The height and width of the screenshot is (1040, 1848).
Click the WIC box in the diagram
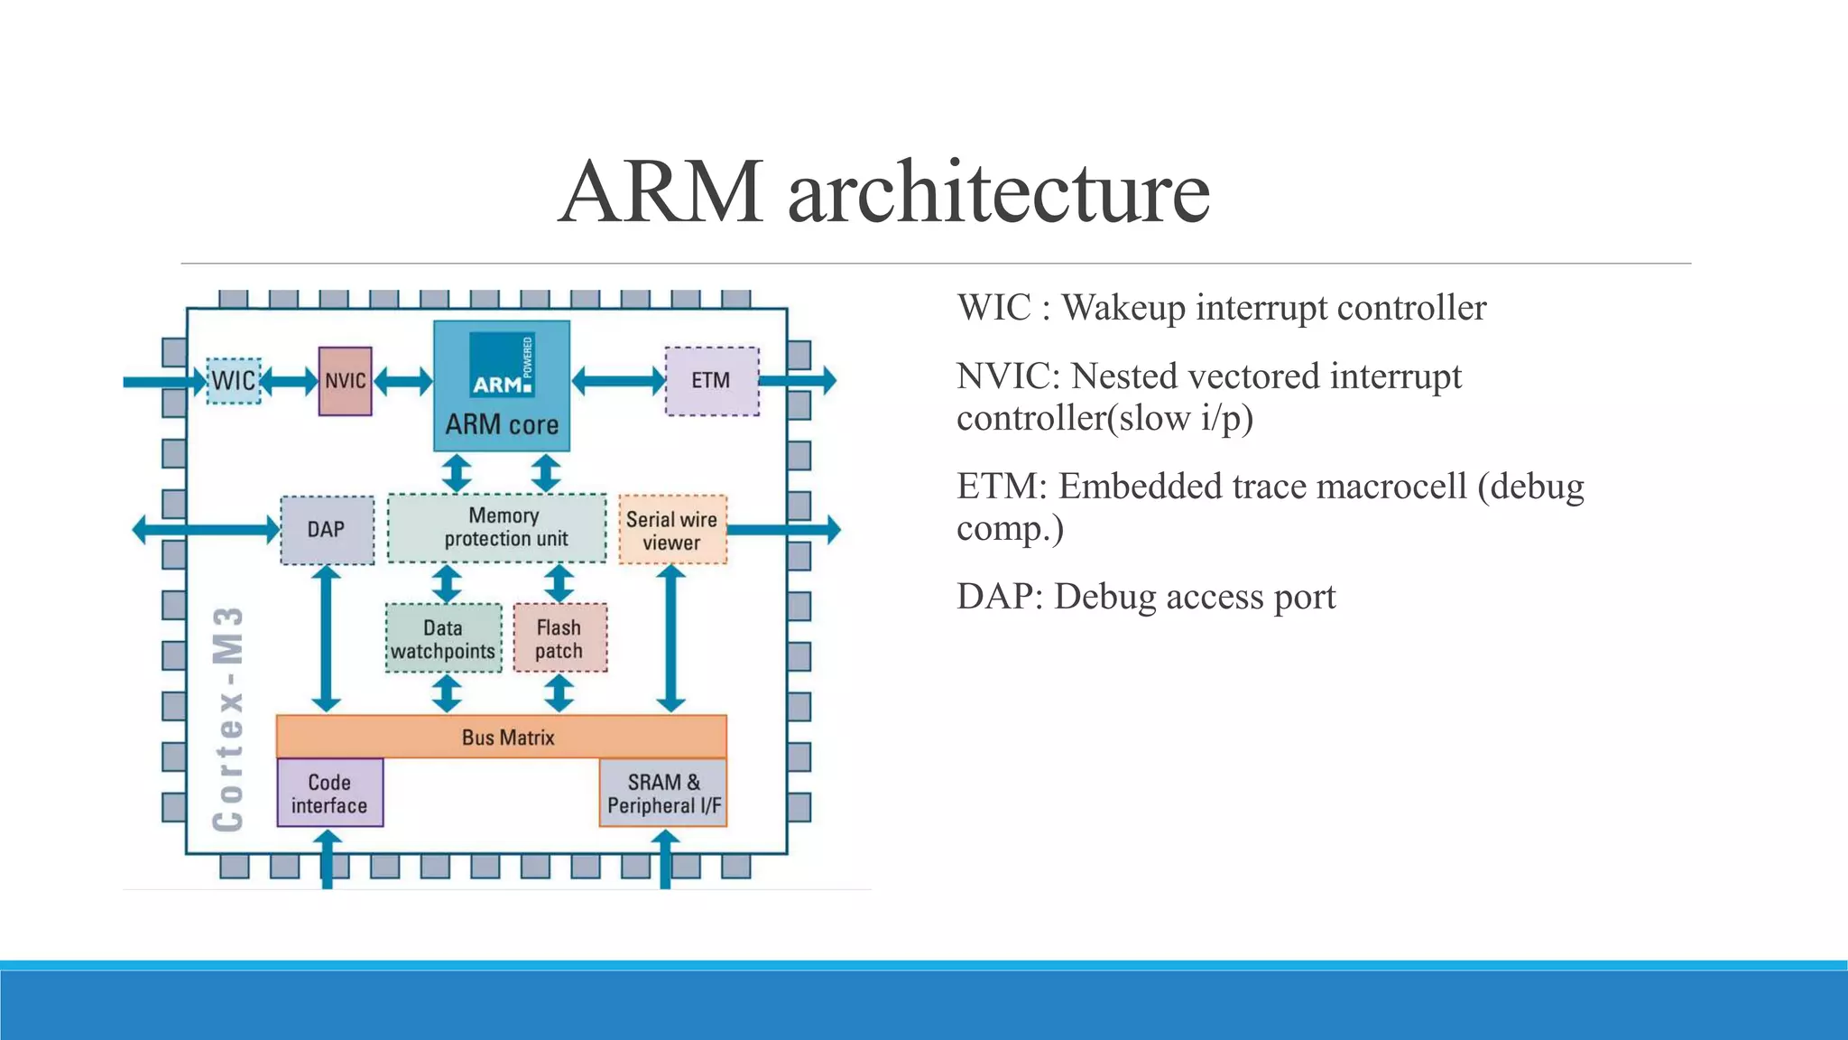pyautogui.click(x=234, y=380)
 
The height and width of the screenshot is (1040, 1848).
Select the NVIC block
pyautogui.click(x=345, y=381)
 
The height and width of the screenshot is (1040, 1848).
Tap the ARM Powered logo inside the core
pyautogui.click(x=502, y=365)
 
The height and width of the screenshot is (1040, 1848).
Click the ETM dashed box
pyautogui.click(x=711, y=381)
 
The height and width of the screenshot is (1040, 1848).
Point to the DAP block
pyautogui.click(x=327, y=530)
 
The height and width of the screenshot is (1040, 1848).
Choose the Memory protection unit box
pyautogui.click(x=497, y=528)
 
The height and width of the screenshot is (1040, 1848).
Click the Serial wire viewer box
pyautogui.click(x=672, y=530)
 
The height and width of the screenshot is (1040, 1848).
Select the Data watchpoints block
pyautogui.click(x=443, y=638)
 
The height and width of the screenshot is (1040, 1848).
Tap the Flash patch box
pyautogui.click(x=559, y=638)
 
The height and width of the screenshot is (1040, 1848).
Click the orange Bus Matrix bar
pyautogui.click(x=501, y=737)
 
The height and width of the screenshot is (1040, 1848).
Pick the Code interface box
pyautogui.click(x=329, y=793)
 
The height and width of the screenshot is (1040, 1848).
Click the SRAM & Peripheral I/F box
pyautogui.click(x=663, y=793)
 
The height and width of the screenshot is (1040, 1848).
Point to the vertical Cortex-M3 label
pyautogui.click(x=228, y=719)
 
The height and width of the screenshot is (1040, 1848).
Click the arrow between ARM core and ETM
pyautogui.click(x=618, y=380)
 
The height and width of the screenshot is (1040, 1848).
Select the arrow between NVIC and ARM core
pyautogui.click(x=402, y=381)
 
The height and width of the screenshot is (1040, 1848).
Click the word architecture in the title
pyautogui.click(x=999, y=192)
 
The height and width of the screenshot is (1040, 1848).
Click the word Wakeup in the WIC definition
pyautogui.click(x=1123, y=309)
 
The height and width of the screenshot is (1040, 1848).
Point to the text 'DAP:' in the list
pyautogui.click(x=1000, y=598)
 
